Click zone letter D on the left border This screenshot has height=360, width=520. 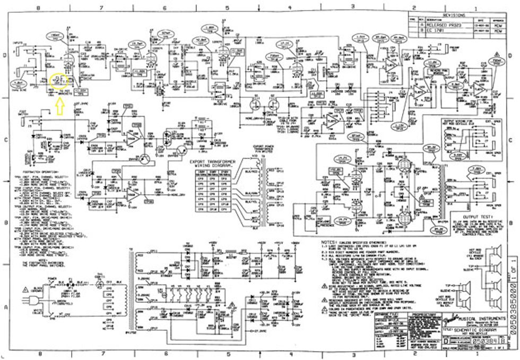5,55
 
